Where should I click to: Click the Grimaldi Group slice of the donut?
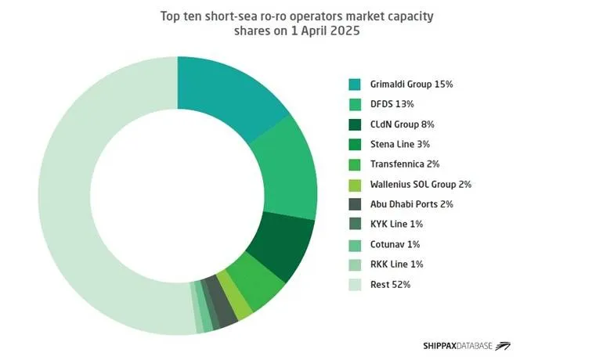227,90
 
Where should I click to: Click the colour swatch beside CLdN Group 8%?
355,124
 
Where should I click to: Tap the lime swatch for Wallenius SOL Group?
355,185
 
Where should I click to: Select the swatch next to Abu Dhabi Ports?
355,204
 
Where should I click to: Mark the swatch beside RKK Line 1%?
355,265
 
